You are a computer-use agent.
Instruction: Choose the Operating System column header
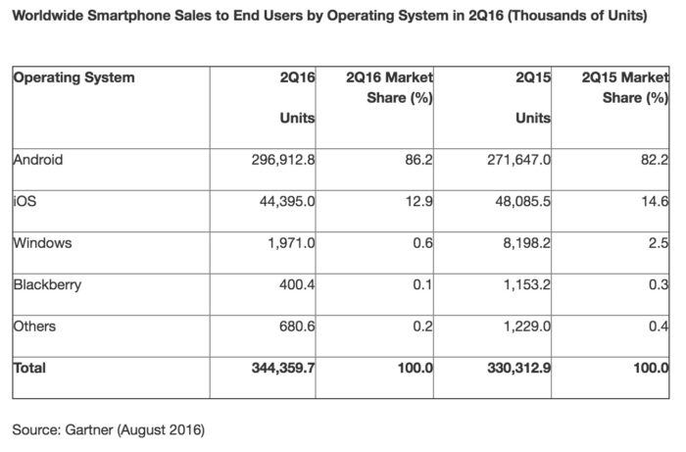click(74, 77)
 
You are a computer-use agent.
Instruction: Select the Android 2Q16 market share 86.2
click(418, 160)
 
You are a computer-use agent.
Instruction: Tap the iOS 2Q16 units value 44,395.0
click(280, 201)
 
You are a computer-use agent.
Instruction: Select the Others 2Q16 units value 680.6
click(296, 326)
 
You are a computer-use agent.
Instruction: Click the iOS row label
click(24, 201)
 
